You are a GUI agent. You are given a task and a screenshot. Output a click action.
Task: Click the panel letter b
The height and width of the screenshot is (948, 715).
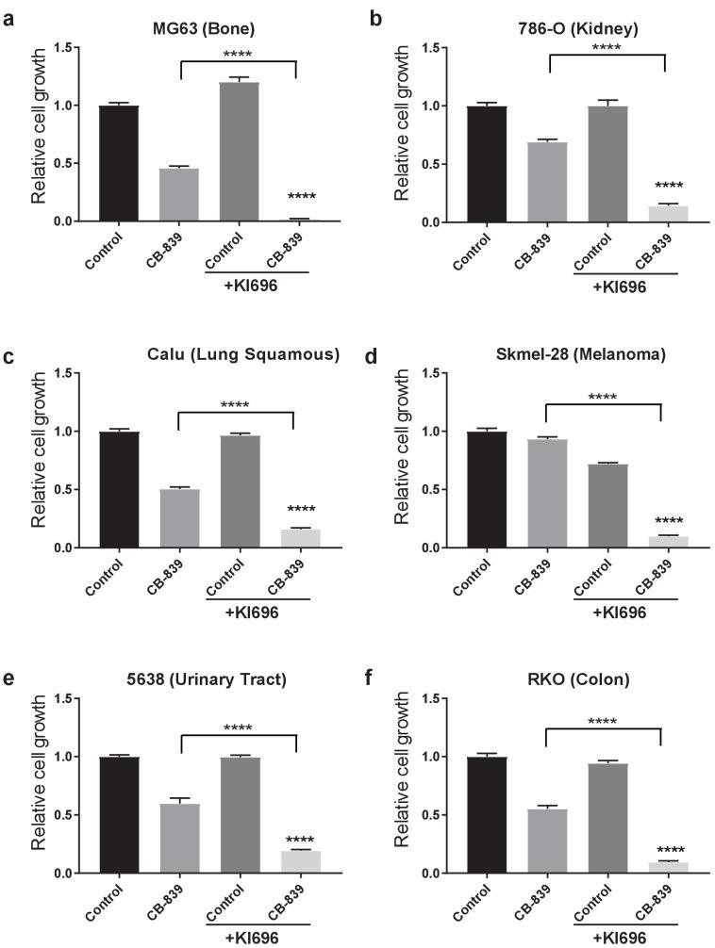[x=374, y=17]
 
